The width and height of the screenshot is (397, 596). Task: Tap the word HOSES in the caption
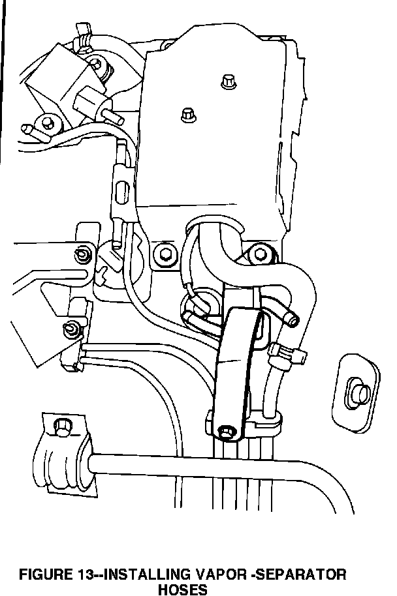pyautogui.click(x=183, y=589)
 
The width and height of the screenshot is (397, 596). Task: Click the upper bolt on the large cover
pyautogui.click(x=228, y=81)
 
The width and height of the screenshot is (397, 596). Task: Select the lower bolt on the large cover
pyautogui.click(x=187, y=114)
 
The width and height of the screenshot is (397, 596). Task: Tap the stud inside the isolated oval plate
pyautogui.click(x=358, y=392)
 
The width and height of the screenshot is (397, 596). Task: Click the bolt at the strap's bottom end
pyautogui.click(x=225, y=431)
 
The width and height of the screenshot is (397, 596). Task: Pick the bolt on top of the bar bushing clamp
pyautogui.click(x=61, y=427)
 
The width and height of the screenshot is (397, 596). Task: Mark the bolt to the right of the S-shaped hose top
pyautogui.click(x=259, y=250)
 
